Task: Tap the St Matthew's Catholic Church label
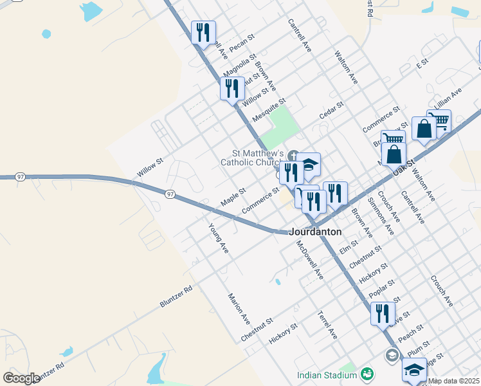pos(252,158)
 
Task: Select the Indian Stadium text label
pos(327,375)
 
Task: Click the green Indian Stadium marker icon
pos(367,373)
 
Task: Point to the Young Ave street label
pos(219,238)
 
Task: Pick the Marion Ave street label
pos(239,308)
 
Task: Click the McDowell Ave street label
pos(310,260)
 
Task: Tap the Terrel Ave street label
pos(327,326)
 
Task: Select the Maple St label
pos(233,197)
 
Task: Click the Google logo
pos(21,378)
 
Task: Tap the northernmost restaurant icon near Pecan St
pos(203,32)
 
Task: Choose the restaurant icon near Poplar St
pos(383,313)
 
